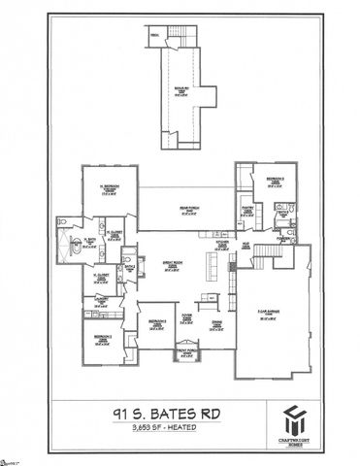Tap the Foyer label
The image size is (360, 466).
(x=184, y=317)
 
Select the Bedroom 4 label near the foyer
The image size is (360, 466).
(x=155, y=324)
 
